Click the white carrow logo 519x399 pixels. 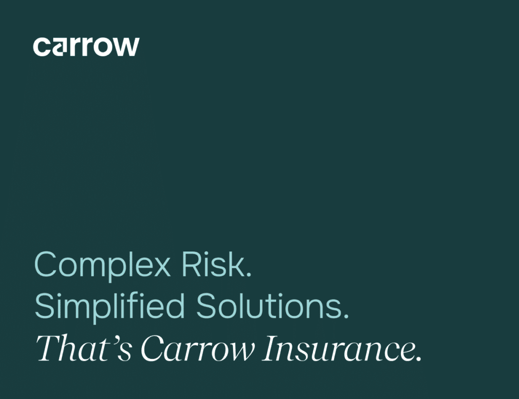pos(86,47)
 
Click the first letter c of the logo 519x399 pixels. pos(42,47)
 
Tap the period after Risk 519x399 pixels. pos(249,274)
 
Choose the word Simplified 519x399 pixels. pos(109,307)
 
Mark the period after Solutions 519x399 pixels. pos(346,316)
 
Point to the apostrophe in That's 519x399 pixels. pos(114,340)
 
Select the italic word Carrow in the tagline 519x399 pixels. pos(198,348)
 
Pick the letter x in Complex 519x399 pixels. pos(161,268)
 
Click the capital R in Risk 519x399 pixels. pos(192,264)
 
